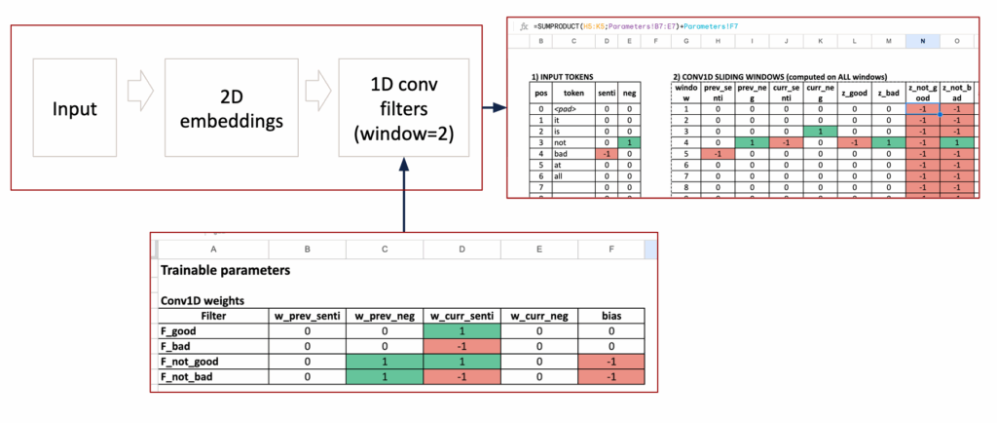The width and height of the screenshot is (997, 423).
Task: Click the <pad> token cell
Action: pos(573,108)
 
